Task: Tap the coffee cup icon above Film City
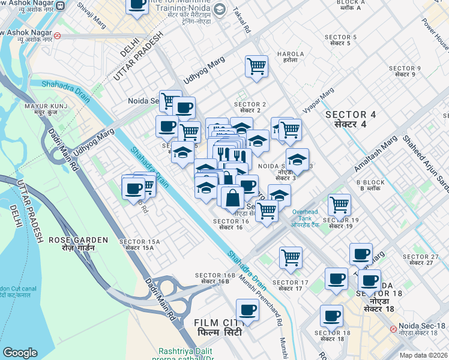(247, 310)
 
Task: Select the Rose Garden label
(79, 244)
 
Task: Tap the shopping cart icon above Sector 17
(291, 257)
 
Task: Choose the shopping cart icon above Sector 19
(340, 205)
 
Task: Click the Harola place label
(286, 57)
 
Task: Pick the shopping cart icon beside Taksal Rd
(256, 66)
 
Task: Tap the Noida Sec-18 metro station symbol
(393, 329)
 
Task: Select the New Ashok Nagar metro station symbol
(57, 35)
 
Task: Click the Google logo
(20, 352)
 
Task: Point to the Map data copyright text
(423, 355)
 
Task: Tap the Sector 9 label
(405, 70)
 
